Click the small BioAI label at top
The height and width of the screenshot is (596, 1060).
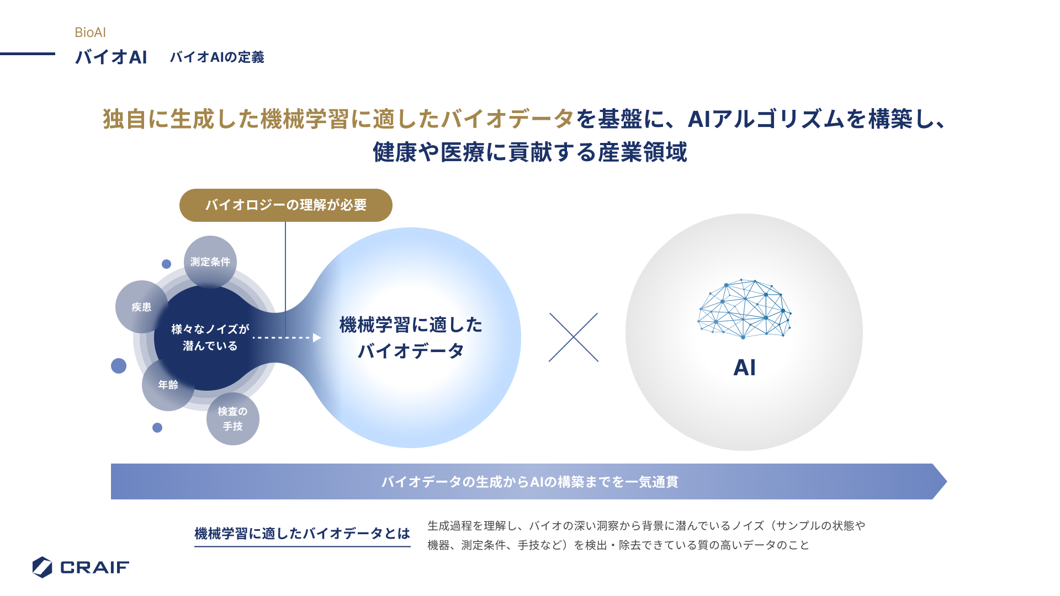pos(90,33)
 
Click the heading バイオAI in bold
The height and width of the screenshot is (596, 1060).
pos(111,57)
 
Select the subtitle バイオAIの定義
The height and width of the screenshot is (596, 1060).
pos(217,57)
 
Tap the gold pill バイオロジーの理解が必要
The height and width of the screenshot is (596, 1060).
pos(286,205)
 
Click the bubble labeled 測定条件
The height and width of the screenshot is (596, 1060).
pos(210,262)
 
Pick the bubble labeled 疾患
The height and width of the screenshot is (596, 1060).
pos(141,307)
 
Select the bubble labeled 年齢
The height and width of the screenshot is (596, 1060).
pos(168,385)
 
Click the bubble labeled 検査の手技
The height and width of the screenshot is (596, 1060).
pos(233,419)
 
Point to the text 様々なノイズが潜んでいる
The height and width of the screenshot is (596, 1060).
pos(210,337)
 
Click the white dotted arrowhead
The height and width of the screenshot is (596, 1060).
pos(317,338)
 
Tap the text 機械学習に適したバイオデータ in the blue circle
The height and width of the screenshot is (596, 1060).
pos(411,338)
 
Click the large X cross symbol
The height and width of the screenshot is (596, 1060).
pos(574,337)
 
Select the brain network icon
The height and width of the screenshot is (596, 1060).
pos(744,309)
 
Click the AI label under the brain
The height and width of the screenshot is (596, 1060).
pos(744,368)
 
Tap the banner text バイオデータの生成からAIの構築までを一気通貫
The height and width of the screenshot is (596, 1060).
pos(529,482)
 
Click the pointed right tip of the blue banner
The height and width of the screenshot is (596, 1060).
pos(947,482)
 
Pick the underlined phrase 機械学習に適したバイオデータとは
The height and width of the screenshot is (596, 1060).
pos(303,534)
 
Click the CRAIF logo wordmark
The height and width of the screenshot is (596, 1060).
pos(94,567)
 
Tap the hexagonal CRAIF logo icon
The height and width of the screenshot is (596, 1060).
pos(42,567)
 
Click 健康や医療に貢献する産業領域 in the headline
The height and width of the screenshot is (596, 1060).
pos(530,152)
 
